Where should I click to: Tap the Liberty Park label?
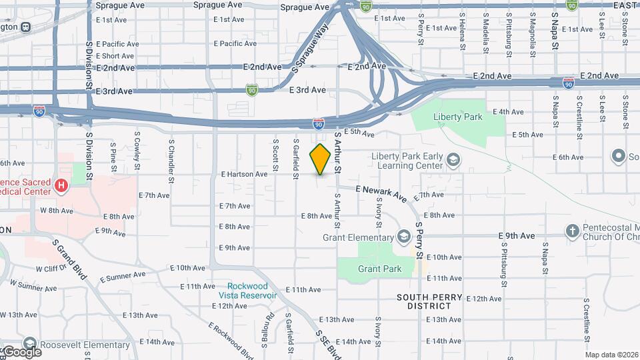(457, 117)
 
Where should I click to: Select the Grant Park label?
(379, 269)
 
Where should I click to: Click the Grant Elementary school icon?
(403, 237)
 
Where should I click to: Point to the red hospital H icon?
(62, 185)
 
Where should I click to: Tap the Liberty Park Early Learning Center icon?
(453, 160)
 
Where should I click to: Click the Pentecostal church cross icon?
(572, 231)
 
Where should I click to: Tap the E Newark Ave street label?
(381, 193)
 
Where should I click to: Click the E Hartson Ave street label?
(244, 174)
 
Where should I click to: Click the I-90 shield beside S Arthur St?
(319, 123)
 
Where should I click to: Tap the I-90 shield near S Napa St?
(568, 83)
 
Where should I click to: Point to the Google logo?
(21, 351)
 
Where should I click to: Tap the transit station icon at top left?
(25, 27)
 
